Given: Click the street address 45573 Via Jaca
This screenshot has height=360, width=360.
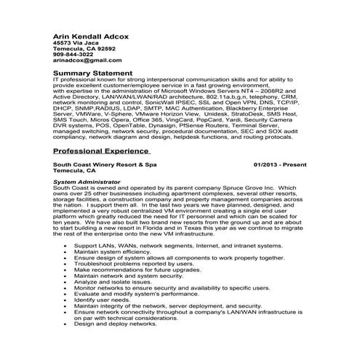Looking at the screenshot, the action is tap(74, 42).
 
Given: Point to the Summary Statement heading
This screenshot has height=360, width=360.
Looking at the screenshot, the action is tap(93, 73).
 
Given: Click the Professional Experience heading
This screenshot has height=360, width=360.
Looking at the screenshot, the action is tap(101, 151).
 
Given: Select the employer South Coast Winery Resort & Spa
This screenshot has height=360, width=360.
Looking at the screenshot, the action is tap(105, 165).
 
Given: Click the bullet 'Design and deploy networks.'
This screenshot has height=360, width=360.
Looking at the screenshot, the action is tap(115, 324).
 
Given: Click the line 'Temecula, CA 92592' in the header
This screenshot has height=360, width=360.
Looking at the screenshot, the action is tap(79, 48).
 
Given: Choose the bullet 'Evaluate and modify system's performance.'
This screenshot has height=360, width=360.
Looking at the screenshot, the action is tap(137, 294).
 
